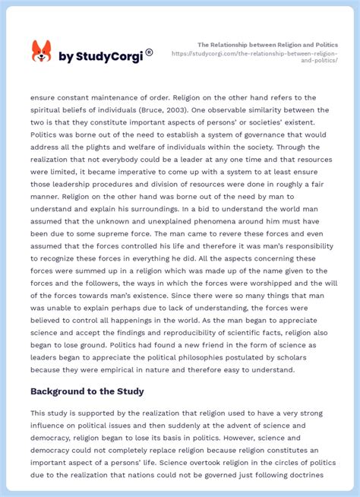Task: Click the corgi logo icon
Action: (41, 52)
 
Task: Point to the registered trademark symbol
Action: (149, 52)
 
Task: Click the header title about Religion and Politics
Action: (267, 45)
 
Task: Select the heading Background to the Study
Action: (88, 391)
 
